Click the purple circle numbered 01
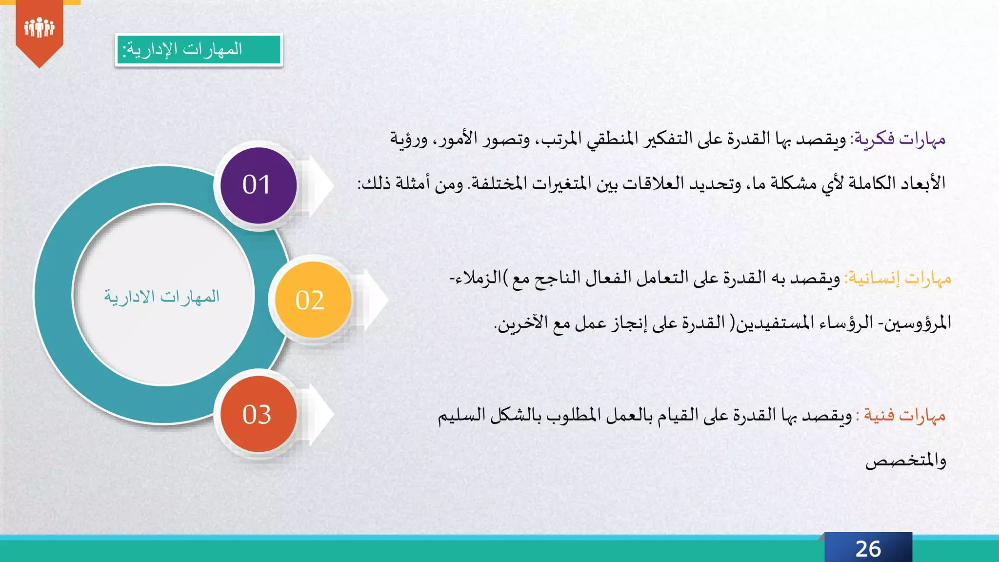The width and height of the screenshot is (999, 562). (259, 185)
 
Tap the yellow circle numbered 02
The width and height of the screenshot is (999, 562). (313, 300)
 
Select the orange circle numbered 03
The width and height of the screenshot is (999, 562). (259, 414)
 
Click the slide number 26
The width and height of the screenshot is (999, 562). (868, 549)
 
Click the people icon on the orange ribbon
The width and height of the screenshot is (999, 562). (39, 27)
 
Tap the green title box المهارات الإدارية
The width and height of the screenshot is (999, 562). (199, 50)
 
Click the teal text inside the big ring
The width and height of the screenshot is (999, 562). (162, 297)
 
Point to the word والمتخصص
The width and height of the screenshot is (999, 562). (906, 460)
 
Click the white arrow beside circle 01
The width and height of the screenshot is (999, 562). (320, 185)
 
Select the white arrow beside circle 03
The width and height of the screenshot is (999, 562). (320, 414)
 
